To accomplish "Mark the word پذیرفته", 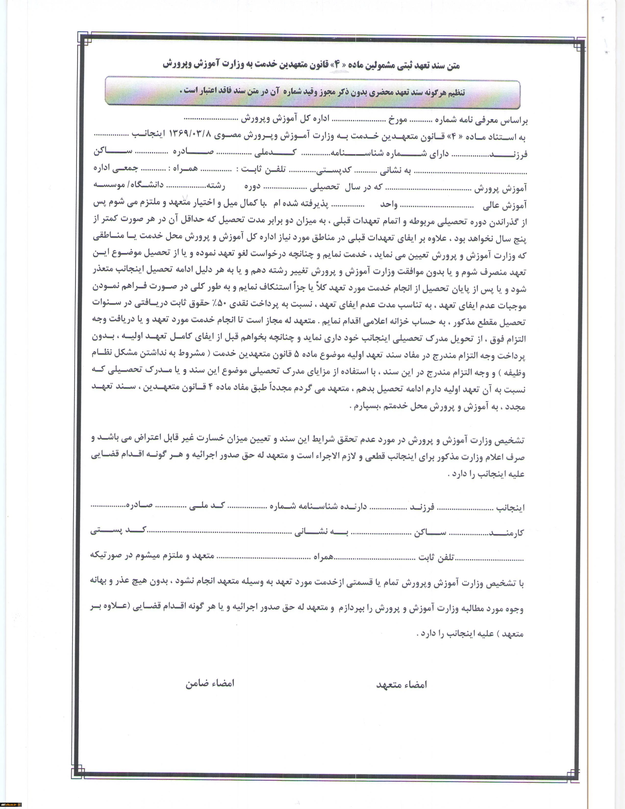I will [x=317, y=204].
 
